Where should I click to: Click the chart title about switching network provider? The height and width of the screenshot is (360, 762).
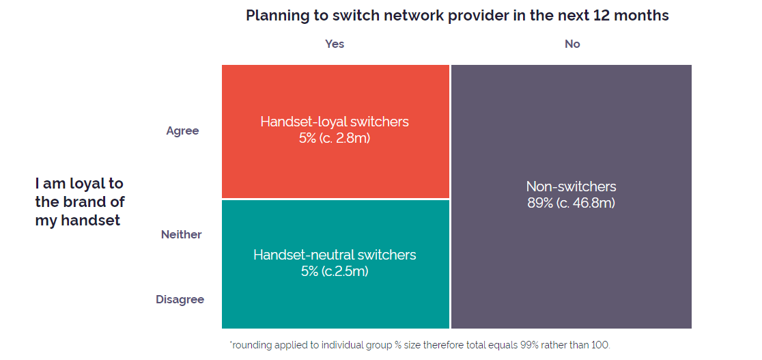point(457,16)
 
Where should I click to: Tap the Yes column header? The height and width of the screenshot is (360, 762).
point(335,44)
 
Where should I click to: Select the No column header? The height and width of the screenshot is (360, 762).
point(572,44)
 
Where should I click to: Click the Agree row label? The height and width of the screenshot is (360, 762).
point(183,131)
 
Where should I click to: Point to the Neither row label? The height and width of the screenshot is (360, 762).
point(181,234)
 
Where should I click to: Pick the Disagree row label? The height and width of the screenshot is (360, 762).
point(180,300)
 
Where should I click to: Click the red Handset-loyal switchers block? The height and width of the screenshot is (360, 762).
point(335,131)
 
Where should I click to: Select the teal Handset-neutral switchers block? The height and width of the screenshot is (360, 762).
point(335,264)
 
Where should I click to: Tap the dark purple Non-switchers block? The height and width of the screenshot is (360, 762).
point(571,197)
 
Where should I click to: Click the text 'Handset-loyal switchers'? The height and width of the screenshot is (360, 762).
point(335,122)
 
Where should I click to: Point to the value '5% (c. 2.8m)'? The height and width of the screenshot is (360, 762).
point(335,138)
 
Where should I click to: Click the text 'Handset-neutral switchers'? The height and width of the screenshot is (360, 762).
point(335,254)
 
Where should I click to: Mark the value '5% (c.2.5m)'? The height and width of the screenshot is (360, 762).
point(335,271)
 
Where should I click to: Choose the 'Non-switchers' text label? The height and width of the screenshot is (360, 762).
point(571,186)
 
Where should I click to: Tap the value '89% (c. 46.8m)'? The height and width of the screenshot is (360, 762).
point(571,203)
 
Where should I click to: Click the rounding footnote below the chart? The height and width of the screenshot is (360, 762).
point(420,346)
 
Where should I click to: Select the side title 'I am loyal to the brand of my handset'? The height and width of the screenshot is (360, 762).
point(80,202)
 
